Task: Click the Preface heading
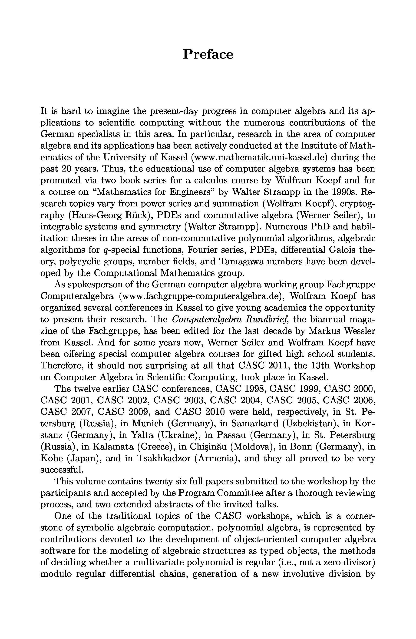tap(208, 54)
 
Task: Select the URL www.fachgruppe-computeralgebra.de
tap(201, 296)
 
